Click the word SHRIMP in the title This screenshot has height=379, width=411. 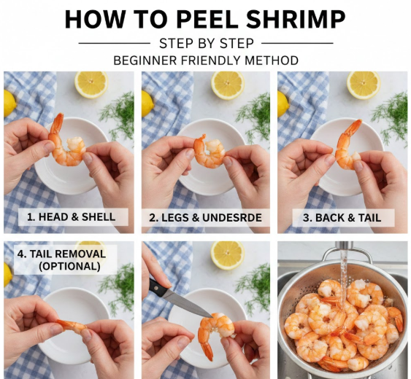click(296, 19)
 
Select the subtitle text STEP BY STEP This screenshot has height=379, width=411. click(207, 44)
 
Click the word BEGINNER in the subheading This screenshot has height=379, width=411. click(145, 60)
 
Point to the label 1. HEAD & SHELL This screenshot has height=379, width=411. click(71, 216)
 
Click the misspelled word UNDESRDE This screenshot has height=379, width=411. click(232, 218)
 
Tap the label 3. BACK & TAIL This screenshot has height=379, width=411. click(342, 218)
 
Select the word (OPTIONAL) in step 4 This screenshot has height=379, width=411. click(69, 266)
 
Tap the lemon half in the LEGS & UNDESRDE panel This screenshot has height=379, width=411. click(228, 85)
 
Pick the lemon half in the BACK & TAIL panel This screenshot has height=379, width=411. click(364, 85)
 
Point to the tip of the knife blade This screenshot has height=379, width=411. click(212, 317)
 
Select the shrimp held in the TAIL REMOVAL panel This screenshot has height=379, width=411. click(73, 326)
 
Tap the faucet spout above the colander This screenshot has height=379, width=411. click(345, 248)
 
